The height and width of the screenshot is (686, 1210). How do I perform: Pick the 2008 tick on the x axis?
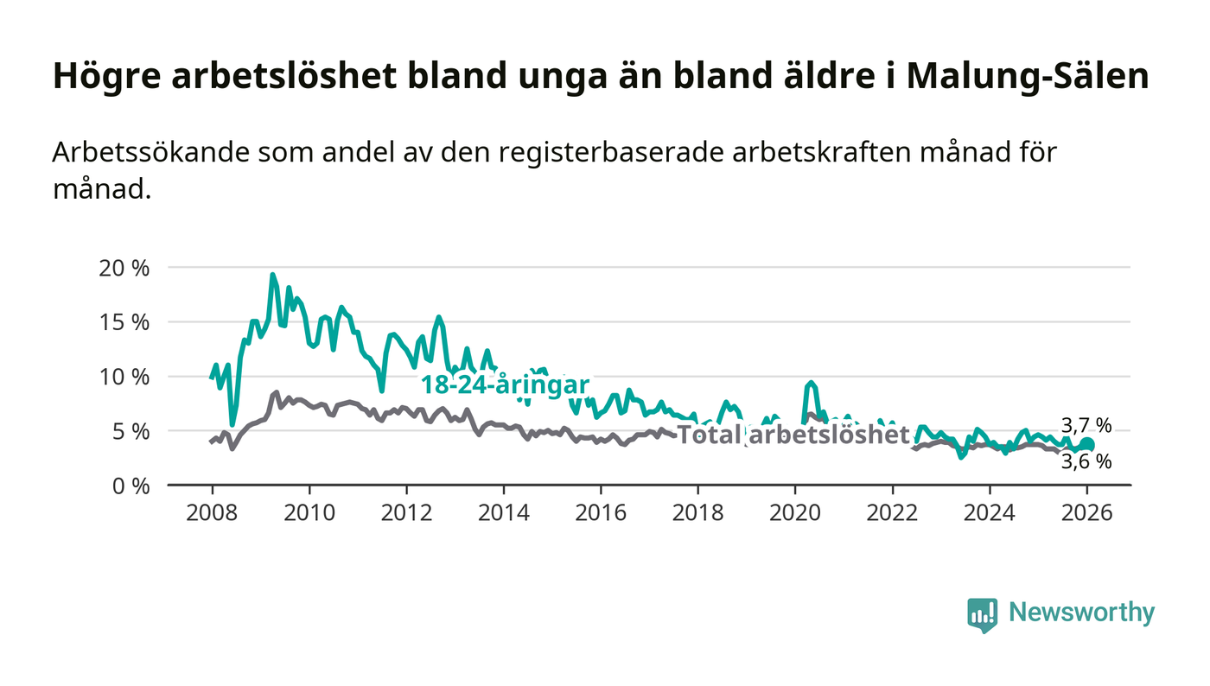pos(212,511)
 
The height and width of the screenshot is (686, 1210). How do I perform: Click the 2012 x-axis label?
pos(406,511)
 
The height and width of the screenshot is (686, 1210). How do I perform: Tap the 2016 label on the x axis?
pos(601,511)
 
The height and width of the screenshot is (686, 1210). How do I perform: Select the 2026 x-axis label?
pos(1086,511)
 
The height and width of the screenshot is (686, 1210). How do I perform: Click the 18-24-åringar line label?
pos(505,385)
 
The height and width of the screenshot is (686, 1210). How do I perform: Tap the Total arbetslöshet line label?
pos(793,435)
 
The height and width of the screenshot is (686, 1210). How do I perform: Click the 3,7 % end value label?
pos(1086,425)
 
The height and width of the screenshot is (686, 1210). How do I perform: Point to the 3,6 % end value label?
pos(1086,462)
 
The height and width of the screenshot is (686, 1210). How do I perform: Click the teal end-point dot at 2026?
pos(1087,444)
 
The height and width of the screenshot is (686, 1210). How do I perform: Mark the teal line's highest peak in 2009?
pos(272,275)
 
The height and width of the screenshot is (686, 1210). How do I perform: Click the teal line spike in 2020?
pos(810,382)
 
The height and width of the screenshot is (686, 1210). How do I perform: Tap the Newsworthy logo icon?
pos(982,614)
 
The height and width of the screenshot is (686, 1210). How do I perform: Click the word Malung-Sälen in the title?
pos(1028,76)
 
